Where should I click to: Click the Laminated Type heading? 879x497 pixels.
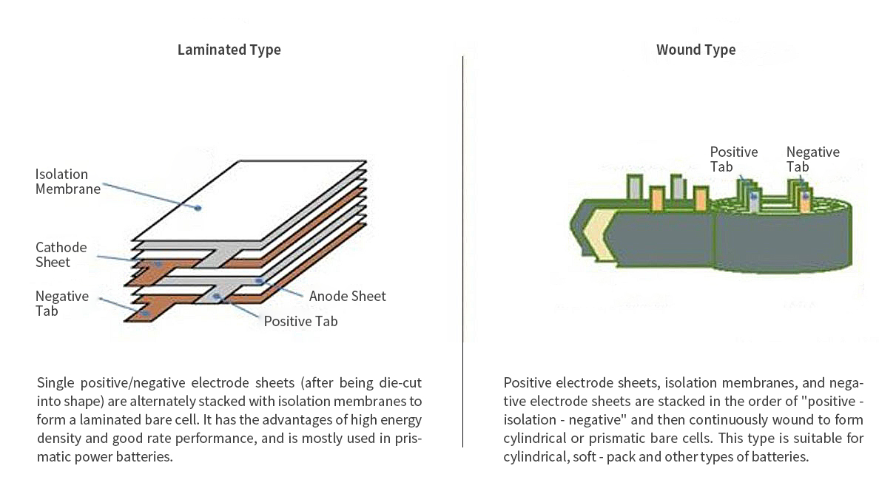pos(229,50)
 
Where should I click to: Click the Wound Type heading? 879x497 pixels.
pos(696,50)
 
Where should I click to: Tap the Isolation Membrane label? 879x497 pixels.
pos(67,181)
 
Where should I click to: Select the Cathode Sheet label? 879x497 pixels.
pos(61,254)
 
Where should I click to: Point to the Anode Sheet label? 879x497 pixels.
pos(347,296)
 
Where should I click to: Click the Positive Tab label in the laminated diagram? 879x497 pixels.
pos(300,321)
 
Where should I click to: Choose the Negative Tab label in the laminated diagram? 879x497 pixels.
pos(62,303)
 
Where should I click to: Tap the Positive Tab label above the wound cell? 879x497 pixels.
pos(733,159)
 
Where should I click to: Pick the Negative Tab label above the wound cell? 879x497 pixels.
pos(812,159)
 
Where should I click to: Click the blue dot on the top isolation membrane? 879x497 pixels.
pos(198,208)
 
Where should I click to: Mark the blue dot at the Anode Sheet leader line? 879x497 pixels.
pos(259,280)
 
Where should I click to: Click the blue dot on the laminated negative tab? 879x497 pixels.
pos(145,314)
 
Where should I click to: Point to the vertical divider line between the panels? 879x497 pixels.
pos(463,251)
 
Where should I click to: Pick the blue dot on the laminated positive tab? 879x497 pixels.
pos(217,297)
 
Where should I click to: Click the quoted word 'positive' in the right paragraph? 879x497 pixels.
pos(833,402)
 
